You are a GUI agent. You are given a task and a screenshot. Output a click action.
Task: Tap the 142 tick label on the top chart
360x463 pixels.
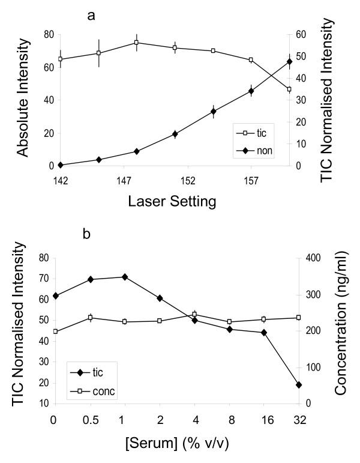[x=61, y=180]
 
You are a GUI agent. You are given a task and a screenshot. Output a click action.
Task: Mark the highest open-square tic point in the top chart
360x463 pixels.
[x=137, y=43]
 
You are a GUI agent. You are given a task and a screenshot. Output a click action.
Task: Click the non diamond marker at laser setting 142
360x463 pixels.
[x=61, y=165]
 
